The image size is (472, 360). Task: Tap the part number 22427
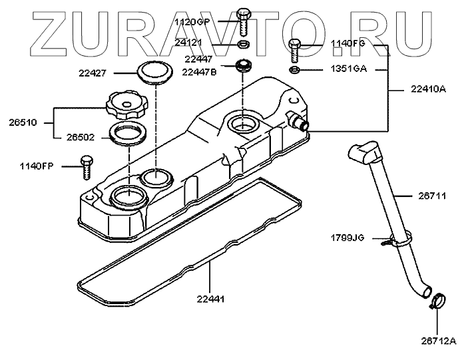click(x=111, y=72)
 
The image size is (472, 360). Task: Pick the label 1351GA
click(x=350, y=69)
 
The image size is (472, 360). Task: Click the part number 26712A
click(x=437, y=341)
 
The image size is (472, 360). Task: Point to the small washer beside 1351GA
click(x=295, y=69)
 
